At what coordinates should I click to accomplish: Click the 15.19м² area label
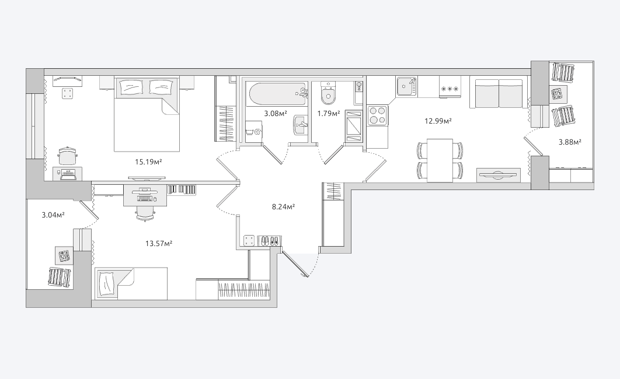coord(149,162)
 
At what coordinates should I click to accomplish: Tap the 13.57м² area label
coord(159,244)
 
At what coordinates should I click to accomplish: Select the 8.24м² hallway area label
coord(284,206)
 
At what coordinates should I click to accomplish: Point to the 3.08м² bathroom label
coord(275,114)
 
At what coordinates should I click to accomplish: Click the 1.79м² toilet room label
coord(329,114)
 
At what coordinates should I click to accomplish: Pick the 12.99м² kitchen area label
coord(438,121)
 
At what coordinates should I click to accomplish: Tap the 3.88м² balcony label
coord(570,142)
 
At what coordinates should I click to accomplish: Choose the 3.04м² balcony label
coord(53,215)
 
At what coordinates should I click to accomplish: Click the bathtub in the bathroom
coord(277,94)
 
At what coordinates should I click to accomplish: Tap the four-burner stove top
coord(377,115)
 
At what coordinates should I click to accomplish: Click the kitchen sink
coord(407,86)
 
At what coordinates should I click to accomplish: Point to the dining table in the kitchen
coord(440,160)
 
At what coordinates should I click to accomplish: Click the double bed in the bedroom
coord(147,114)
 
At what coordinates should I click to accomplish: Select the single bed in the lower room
coord(131,283)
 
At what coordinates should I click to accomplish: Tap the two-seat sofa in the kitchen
coord(499,93)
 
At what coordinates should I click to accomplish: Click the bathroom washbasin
coord(301,125)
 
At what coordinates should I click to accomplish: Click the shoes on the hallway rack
coord(270,240)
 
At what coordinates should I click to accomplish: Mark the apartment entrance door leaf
coord(295,264)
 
